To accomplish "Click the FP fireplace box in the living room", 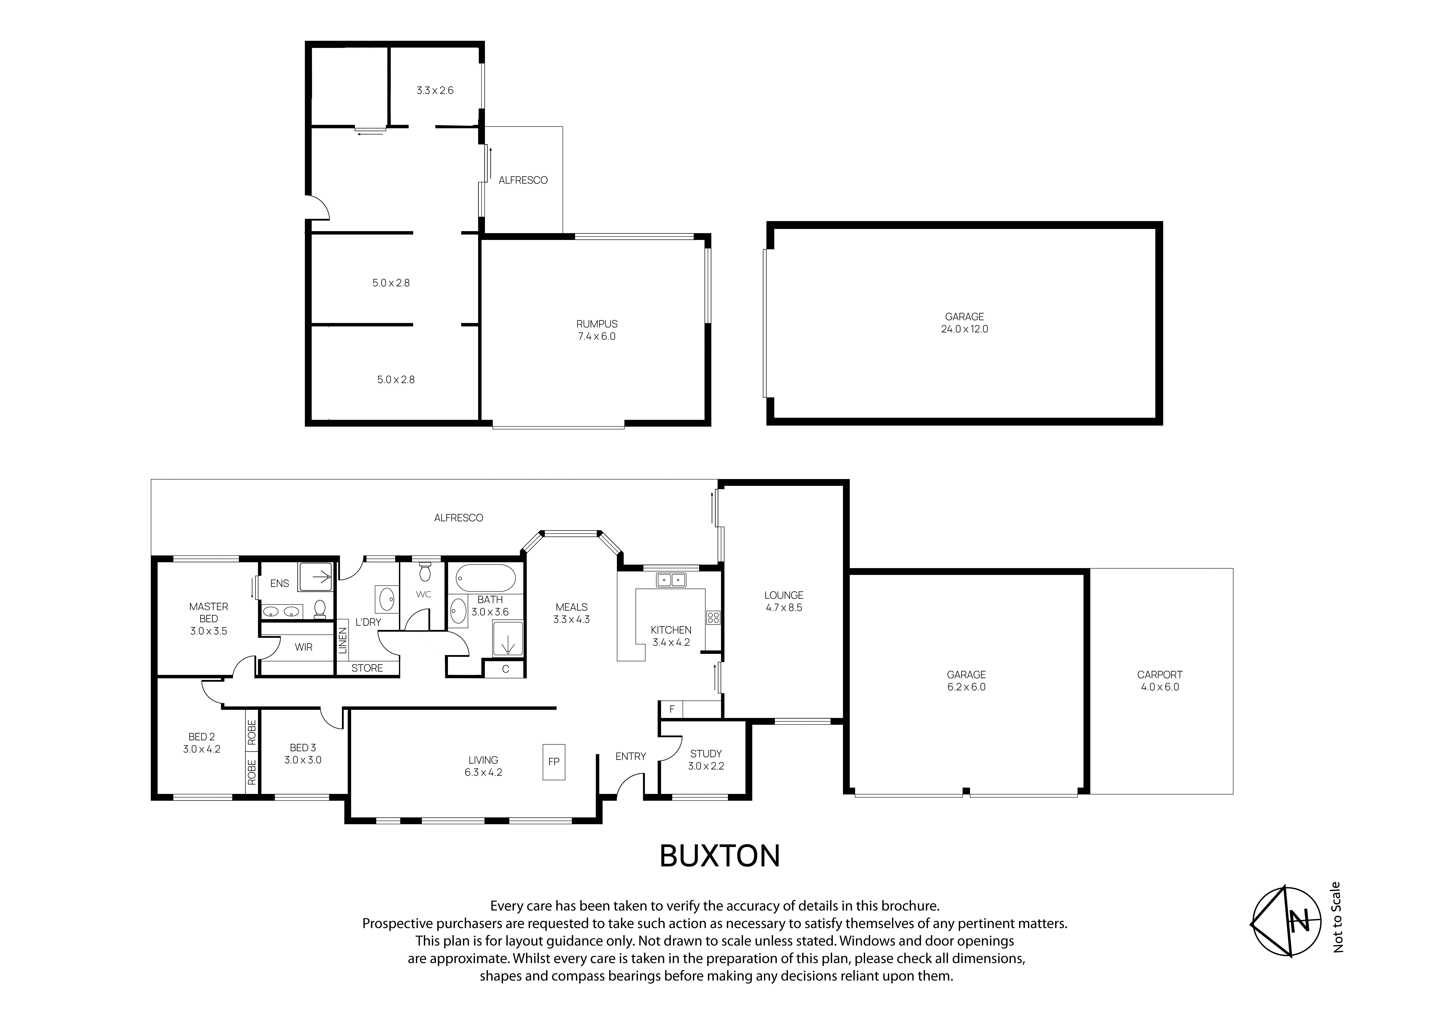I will [554, 761].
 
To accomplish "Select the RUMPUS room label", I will [597, 324].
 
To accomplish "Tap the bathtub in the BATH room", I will [486, 579].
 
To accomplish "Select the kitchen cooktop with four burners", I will [713, 618].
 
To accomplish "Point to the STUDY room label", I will [706, 754].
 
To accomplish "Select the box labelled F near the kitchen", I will [671, 709].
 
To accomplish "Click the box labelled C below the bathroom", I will [505, 669].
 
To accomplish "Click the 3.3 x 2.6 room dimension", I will [435, 90].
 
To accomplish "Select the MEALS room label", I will [571, 607].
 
